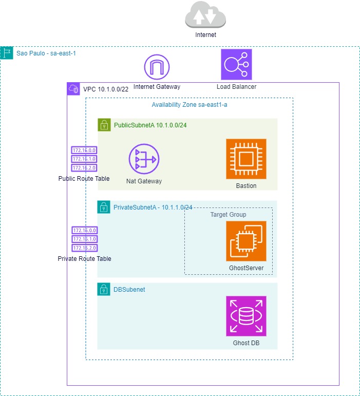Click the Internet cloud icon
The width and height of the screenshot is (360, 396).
click(205, 15)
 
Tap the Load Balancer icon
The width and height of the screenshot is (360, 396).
click(236, 65)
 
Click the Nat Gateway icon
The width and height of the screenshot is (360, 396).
click(144, 159)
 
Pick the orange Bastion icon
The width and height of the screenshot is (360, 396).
click(246, 159)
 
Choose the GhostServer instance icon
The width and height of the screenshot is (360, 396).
click(246, 241)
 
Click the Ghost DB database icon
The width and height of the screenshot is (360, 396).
click(246, 316)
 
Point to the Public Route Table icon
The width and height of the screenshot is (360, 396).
click(84, 159)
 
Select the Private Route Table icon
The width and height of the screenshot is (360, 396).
click(84, 239)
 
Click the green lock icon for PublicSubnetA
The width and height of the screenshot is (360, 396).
click(104, 125)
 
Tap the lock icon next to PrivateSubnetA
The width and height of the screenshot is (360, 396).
click(104, 207)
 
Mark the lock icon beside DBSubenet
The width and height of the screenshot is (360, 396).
click(104, 289)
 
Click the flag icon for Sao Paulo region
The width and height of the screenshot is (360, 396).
click(7, 53)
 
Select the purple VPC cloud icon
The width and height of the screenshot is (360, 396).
click(73, 89)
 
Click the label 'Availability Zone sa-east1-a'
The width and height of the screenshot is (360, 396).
click(190, 105)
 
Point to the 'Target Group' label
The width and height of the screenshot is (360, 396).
click(228, 214)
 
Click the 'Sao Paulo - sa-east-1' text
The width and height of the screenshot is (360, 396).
click(47, 53)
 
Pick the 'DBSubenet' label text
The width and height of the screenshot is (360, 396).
click(129, 290)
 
